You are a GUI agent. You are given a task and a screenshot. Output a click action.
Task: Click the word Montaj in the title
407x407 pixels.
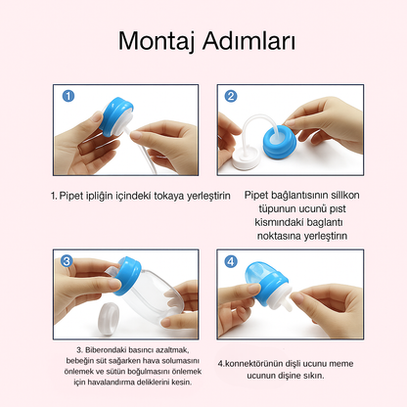tap(158, 42)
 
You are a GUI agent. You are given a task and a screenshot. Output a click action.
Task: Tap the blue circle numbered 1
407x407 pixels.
tap(68, 96)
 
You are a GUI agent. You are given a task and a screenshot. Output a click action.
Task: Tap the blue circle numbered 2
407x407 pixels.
tap(231, 96)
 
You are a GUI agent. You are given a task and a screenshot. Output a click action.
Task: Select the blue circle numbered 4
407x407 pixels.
tap(231, 261)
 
